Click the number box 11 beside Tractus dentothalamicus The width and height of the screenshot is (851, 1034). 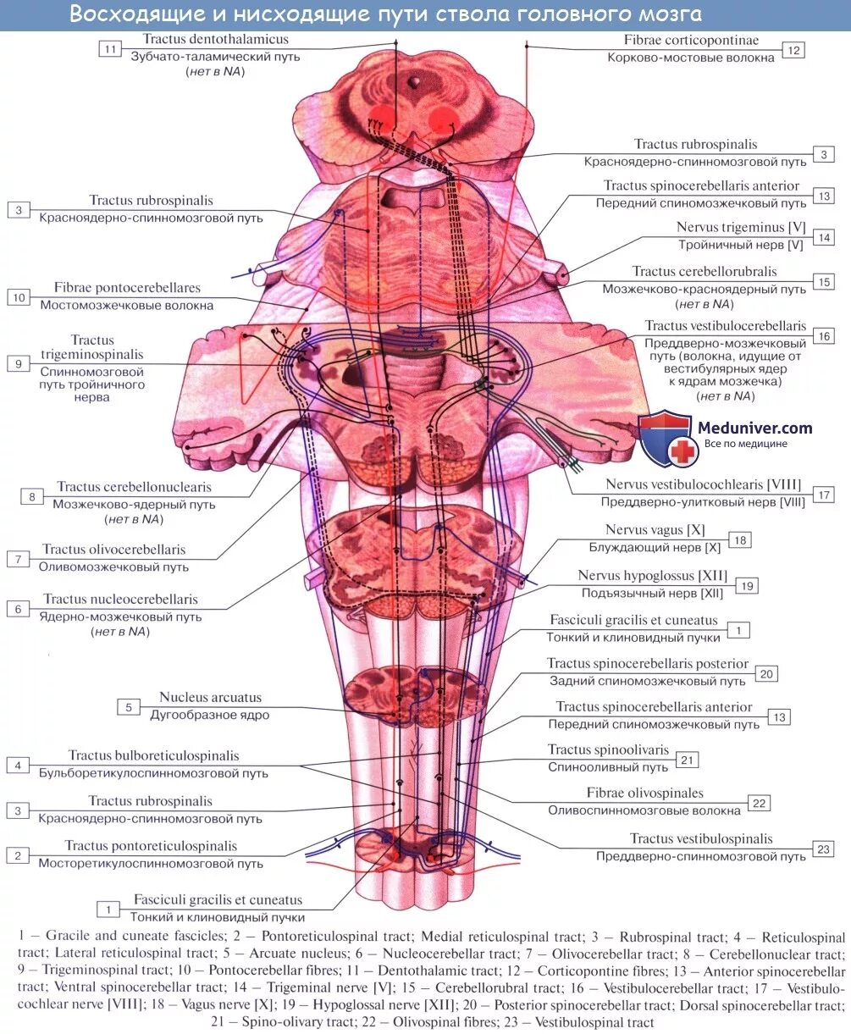click(110, 49)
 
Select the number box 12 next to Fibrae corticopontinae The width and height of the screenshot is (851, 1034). click(793, 50)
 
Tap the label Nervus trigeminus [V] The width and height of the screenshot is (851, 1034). click(739, 228)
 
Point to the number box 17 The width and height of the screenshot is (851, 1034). click(822, 495)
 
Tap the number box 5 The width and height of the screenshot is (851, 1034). click(129, 707)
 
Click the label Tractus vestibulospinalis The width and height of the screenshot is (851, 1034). click(700, 839)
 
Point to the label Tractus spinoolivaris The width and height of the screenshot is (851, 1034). click(608, 750)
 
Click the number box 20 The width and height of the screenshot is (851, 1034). click(767, 674)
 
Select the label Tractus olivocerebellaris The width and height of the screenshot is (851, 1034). click(114, 550)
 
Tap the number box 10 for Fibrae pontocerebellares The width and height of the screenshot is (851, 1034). click(19, 296)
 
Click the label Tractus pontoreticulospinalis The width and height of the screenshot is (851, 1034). click(151, 846)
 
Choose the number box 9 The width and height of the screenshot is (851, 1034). click(19, 363)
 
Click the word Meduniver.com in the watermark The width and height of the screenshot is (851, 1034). click(754, 429)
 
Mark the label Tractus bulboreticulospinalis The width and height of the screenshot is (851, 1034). click(153, 756)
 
